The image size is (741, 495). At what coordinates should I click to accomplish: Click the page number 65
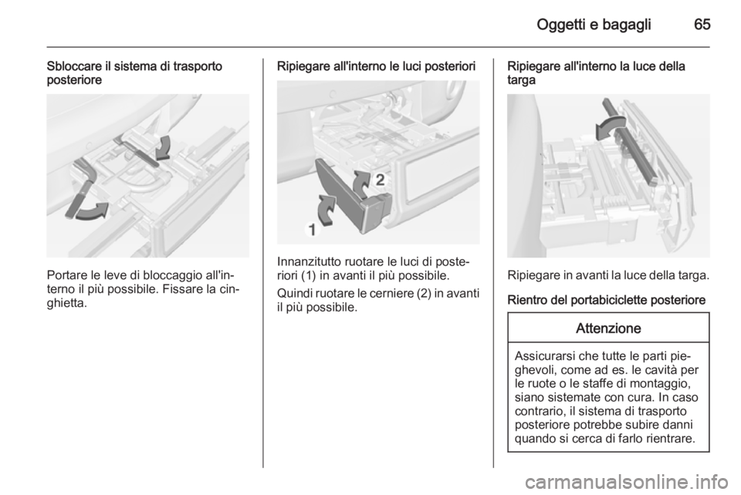point(702,24)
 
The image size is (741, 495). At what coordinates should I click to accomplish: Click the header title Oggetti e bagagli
point(594,25)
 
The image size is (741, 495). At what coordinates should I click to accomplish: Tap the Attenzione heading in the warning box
point(608,328)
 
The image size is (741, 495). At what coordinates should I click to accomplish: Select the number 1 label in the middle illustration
point(313,230)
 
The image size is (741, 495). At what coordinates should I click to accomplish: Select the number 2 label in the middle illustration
point(381,180)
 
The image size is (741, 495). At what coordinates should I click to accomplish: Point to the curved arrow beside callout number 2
point(363,184)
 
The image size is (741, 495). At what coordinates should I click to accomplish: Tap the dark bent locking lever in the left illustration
point(80,189)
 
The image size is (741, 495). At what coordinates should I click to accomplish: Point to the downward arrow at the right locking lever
point(164,148)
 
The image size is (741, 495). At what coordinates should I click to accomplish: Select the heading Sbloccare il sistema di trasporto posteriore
point(134,72)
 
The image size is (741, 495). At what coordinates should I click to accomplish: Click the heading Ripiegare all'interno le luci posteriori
point(376,66)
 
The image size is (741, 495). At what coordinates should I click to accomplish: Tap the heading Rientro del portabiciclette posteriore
point(607,300)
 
